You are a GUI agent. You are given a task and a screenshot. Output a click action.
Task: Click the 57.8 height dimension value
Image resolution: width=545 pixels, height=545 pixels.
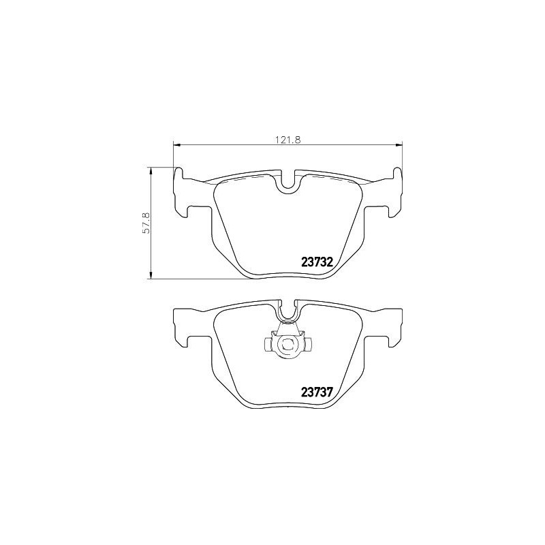tap(145, 223)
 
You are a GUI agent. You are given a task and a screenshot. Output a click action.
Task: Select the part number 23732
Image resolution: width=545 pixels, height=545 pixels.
tap(316, 262)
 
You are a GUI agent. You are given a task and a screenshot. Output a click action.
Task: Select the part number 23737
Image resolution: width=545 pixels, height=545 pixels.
tap(316, 392)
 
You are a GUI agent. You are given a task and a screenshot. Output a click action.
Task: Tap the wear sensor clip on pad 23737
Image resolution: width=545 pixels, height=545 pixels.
tap(287, 344)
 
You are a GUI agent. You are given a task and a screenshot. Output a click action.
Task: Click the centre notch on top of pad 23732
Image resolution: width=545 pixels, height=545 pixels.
tap(287, 181)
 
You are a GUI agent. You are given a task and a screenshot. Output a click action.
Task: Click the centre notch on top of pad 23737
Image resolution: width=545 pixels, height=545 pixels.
tap(287, 311)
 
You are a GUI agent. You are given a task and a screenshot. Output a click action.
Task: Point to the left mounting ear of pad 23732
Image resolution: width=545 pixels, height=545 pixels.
tap(182, 189)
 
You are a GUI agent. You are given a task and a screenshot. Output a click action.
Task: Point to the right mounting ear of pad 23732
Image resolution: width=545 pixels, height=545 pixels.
tap(393, 189)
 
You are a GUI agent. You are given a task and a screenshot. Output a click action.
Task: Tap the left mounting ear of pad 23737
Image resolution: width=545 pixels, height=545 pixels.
tap(182, 320)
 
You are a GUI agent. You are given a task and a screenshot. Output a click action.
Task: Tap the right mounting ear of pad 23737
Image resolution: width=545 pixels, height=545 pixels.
tap(393, 320)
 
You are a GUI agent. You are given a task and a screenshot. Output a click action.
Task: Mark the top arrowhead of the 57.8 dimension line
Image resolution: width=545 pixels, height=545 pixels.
tap(151, 169)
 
